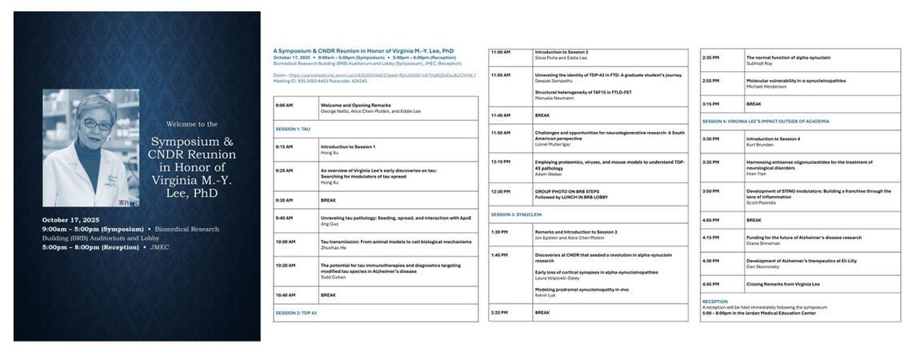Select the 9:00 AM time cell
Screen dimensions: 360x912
284,105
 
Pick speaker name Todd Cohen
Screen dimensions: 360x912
333,276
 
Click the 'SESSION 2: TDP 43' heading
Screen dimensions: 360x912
296,313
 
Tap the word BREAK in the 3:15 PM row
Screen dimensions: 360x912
754,104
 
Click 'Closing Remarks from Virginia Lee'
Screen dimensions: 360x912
782,284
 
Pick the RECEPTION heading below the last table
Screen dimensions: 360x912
715,302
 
